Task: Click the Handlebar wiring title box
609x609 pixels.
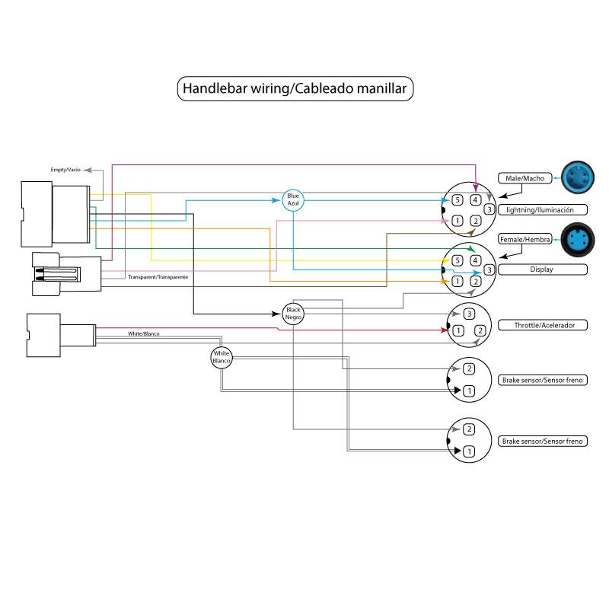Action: pos(295,88)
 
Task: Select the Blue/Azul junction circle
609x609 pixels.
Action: pos(293,199)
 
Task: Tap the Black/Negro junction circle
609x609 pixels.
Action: pos(293,312)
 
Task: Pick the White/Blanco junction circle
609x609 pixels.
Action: pos(222,356)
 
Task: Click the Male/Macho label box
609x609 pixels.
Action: pos(525,178)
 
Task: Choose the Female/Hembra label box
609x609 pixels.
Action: pos(525,239)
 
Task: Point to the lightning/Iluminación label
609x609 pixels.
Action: pos(541,209)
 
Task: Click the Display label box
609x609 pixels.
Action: pos(541,269)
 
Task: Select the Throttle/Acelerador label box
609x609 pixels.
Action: pos(541,325)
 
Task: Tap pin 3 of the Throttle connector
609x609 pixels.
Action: pos(470,314)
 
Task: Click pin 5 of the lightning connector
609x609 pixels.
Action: pos(457,200)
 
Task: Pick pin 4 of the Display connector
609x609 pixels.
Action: pos(476,261)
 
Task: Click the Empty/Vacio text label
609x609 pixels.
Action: pos(65,169)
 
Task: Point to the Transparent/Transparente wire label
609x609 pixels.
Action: pos(158,276)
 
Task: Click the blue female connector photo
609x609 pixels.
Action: pos(574,238)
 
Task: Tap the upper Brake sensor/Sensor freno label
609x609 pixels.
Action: pos(543,379)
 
